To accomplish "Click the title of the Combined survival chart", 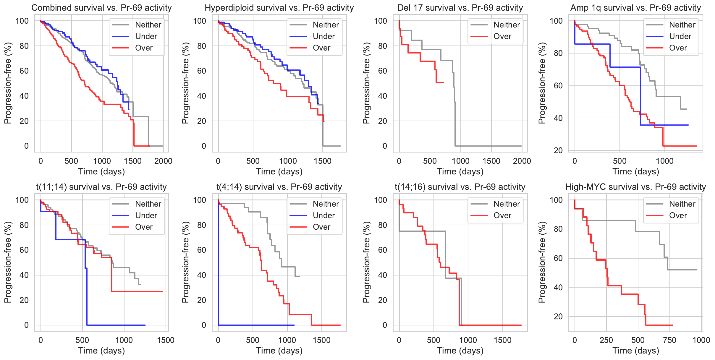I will [101, 8].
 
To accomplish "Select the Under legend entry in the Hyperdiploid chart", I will [323, 36].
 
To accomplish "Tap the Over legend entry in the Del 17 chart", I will [502, 36].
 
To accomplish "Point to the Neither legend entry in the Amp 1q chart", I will [682, 25].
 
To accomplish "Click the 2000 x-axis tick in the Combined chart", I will [163, 161].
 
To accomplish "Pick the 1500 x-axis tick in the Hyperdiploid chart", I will [323, 161].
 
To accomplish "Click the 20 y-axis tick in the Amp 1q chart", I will [558, 150].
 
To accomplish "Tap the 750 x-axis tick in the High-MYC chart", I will [669, 340].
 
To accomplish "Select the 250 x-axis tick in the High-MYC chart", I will [606, 340].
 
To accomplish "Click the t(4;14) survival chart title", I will [279, 187].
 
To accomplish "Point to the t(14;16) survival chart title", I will [460, 187].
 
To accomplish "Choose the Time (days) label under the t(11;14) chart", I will [101, 351].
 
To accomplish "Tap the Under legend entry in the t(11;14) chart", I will [146, 215].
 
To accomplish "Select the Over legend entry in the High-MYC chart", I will [678, 215].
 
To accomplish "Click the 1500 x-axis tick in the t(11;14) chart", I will [166, 340].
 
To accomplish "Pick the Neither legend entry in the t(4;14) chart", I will [326, 204].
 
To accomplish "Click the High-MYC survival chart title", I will [635, 187].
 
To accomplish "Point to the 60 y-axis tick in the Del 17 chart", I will [382, 71].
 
